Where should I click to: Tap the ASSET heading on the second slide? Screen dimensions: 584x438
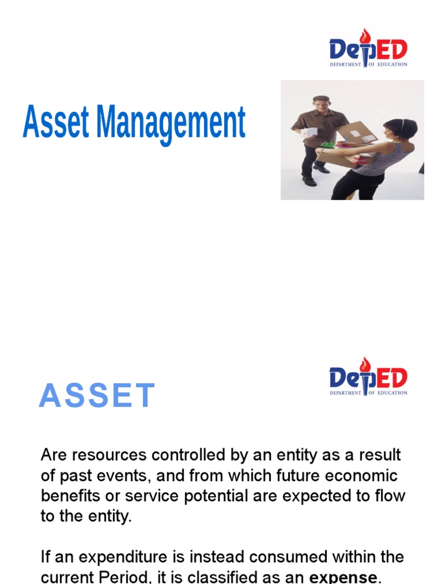click(97, 396)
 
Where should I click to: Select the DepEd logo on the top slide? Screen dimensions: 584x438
click(368, 49)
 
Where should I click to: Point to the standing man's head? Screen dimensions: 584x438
click(322, 106)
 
